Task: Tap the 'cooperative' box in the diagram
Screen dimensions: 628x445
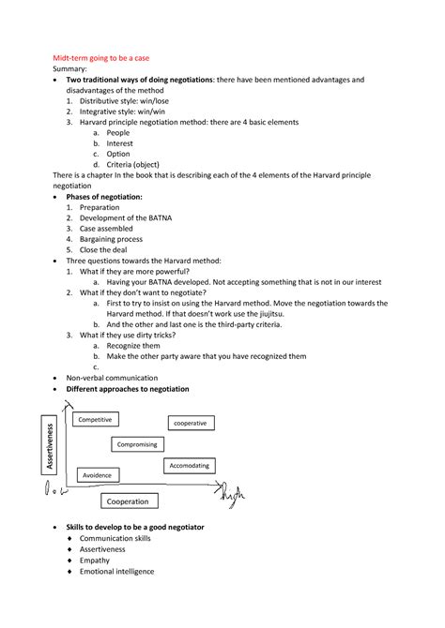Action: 191,423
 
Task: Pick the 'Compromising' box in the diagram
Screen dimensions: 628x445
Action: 137,444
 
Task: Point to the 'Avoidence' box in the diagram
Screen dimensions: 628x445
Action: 98,476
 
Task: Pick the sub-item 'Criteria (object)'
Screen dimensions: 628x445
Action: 138,165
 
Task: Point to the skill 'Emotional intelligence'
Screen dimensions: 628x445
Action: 116,571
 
